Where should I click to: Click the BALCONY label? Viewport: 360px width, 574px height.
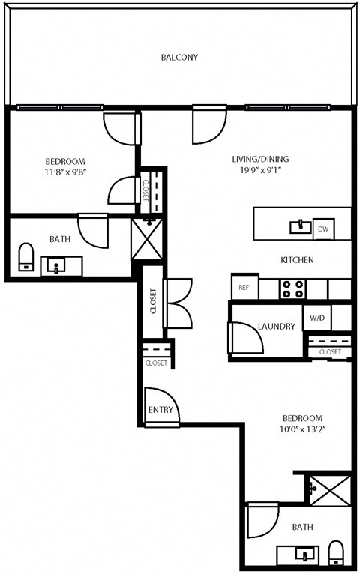click(180, 57)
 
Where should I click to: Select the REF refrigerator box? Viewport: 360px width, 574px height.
click(244, 287)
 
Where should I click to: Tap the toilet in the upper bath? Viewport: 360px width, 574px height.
click(26, 256)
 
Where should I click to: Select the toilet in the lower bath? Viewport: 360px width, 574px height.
click(336, 553)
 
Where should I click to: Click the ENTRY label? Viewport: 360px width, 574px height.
click(160, 410)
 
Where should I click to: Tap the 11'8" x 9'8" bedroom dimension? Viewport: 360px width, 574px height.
click(64, 172)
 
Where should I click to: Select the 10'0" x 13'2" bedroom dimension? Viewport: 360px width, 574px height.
click(302, 429)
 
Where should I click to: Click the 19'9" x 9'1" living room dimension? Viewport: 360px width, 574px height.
click(260, 170)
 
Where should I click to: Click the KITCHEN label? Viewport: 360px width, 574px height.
click(297, 260)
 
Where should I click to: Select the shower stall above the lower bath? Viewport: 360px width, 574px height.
click(329, 489)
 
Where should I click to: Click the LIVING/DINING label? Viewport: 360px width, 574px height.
click(260, 159)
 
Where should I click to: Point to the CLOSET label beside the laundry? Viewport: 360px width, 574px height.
click(330, 351)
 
